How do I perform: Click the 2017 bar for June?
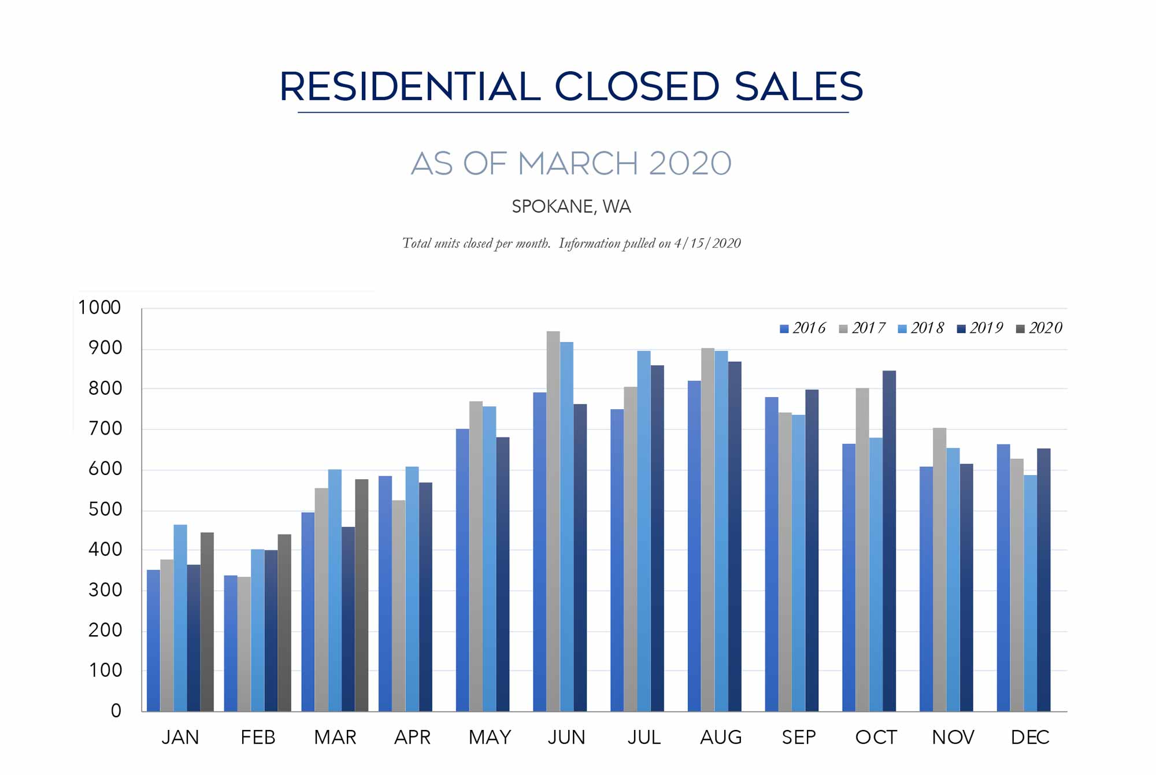coord(553,520)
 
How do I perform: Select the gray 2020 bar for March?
coord(362,595)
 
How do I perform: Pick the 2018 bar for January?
coord(180,618)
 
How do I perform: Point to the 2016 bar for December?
coord(1003,577)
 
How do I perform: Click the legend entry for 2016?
coord(803,328)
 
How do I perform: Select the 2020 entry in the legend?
coord(1039,328)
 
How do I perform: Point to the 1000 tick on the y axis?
coord(99,307)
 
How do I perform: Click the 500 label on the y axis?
coord(105,509)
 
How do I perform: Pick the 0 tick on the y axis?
coord(116,711)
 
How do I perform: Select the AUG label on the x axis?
coord(721,737)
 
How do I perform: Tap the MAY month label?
coord(490,737)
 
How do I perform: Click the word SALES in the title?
coord(798,87)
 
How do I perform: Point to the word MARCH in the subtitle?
coord(578,164)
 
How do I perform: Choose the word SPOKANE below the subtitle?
coord(552,206)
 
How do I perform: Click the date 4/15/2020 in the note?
coord(707,243)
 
